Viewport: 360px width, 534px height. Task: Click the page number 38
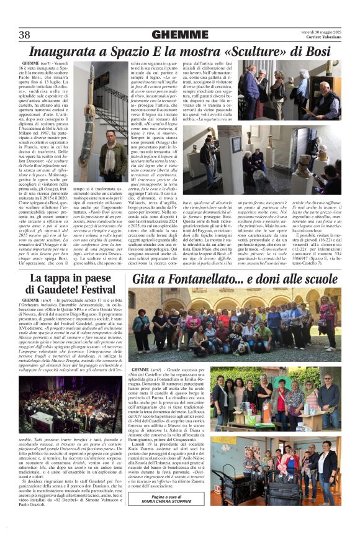point(25,34)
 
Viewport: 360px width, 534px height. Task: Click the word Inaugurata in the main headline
point(64,51)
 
